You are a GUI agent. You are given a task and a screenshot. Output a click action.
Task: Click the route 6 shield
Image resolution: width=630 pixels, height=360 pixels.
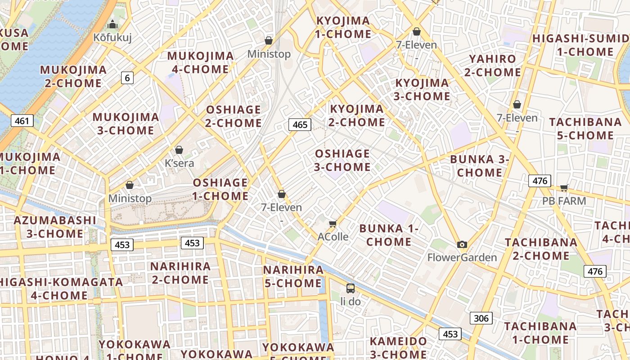pos(127,78)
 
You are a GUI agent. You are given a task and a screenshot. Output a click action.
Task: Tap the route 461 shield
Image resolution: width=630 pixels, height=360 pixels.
pos(22,120)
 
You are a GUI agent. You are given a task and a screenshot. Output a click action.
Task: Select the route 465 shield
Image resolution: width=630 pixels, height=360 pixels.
pos(300,124)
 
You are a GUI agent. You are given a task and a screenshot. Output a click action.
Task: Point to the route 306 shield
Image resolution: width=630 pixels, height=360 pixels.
pos(481,318)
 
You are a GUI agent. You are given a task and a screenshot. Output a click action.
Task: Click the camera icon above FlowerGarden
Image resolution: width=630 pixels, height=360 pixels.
pos(462,244)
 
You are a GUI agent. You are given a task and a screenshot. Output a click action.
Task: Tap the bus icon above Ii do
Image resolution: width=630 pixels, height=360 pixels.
pos(350,288)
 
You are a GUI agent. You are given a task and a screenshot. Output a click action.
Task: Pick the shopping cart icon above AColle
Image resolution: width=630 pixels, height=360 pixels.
pos(333,224)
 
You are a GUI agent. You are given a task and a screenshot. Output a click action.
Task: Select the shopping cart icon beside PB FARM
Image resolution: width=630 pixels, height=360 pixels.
pos(564,188)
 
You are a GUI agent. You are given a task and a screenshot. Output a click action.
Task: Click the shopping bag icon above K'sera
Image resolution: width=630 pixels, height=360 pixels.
pos(179,150)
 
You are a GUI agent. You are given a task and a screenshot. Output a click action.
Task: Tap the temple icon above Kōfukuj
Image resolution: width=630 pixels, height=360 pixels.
pos(112,24)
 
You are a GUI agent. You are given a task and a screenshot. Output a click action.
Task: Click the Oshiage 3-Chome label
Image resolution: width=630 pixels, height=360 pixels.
pos(342,160)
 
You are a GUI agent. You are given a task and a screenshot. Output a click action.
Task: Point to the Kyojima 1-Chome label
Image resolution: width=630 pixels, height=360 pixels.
pos(344,27)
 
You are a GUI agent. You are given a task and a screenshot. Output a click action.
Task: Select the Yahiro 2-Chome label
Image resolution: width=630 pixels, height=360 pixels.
pos(492,66)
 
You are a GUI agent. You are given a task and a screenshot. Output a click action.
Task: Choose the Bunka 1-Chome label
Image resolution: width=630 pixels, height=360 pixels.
pos(389,235)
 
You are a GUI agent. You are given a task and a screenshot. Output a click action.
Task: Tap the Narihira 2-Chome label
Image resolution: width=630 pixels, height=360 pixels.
pos(180,273)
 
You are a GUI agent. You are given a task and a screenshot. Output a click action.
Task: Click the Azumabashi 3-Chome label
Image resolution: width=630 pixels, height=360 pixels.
pos(55,227)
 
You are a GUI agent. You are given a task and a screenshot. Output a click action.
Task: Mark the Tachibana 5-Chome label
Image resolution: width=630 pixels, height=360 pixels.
pos(581,129)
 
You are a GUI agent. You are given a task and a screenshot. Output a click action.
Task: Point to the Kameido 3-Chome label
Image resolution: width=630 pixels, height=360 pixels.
pos(398,347)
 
